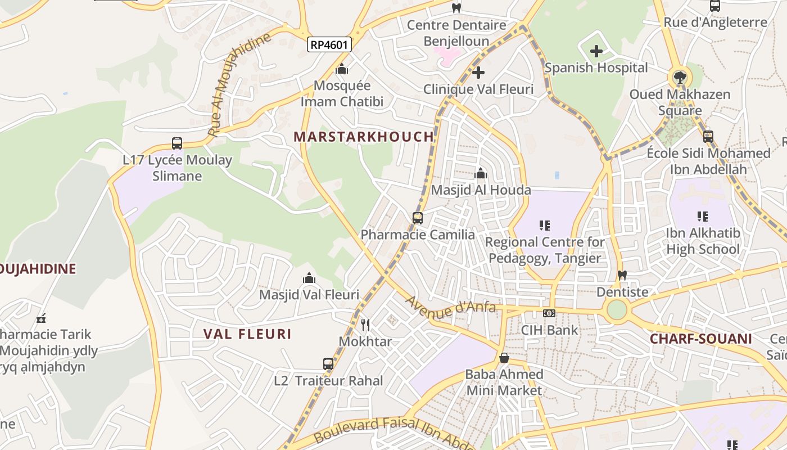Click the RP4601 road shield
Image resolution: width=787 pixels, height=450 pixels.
[329, 44]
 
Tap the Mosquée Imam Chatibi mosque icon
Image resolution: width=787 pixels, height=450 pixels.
[342, 69]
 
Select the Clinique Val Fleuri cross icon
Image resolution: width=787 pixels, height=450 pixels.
[478, 73]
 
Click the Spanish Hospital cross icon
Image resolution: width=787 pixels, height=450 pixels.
[596, 52]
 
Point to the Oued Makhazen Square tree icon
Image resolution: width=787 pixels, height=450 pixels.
[680, 77]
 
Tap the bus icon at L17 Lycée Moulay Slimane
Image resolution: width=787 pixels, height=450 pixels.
[177, 143]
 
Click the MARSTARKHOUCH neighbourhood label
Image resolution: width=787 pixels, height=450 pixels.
[364, 137]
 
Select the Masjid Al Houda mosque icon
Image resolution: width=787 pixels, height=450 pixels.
[481, 174]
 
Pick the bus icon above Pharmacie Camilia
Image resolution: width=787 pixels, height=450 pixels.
[417, 218]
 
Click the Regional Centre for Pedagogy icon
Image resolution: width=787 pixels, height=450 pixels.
[544, 226]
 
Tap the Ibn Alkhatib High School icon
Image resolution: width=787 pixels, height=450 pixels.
[702, 216]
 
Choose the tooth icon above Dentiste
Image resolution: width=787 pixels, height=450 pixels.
[622, 276]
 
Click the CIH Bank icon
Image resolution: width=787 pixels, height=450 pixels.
[549, 313]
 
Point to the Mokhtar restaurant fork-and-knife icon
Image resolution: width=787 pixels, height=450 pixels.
[365, 325]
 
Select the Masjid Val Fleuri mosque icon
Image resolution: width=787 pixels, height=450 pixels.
[309, 278]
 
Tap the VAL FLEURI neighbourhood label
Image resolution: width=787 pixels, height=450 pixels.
[247, 334]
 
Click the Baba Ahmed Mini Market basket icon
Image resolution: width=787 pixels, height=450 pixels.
[504, 358]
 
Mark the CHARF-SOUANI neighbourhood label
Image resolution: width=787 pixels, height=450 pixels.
[700, 339]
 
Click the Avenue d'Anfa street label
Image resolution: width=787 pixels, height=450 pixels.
[451, 306]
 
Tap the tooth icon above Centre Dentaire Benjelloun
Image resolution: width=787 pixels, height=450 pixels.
[456, 8]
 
